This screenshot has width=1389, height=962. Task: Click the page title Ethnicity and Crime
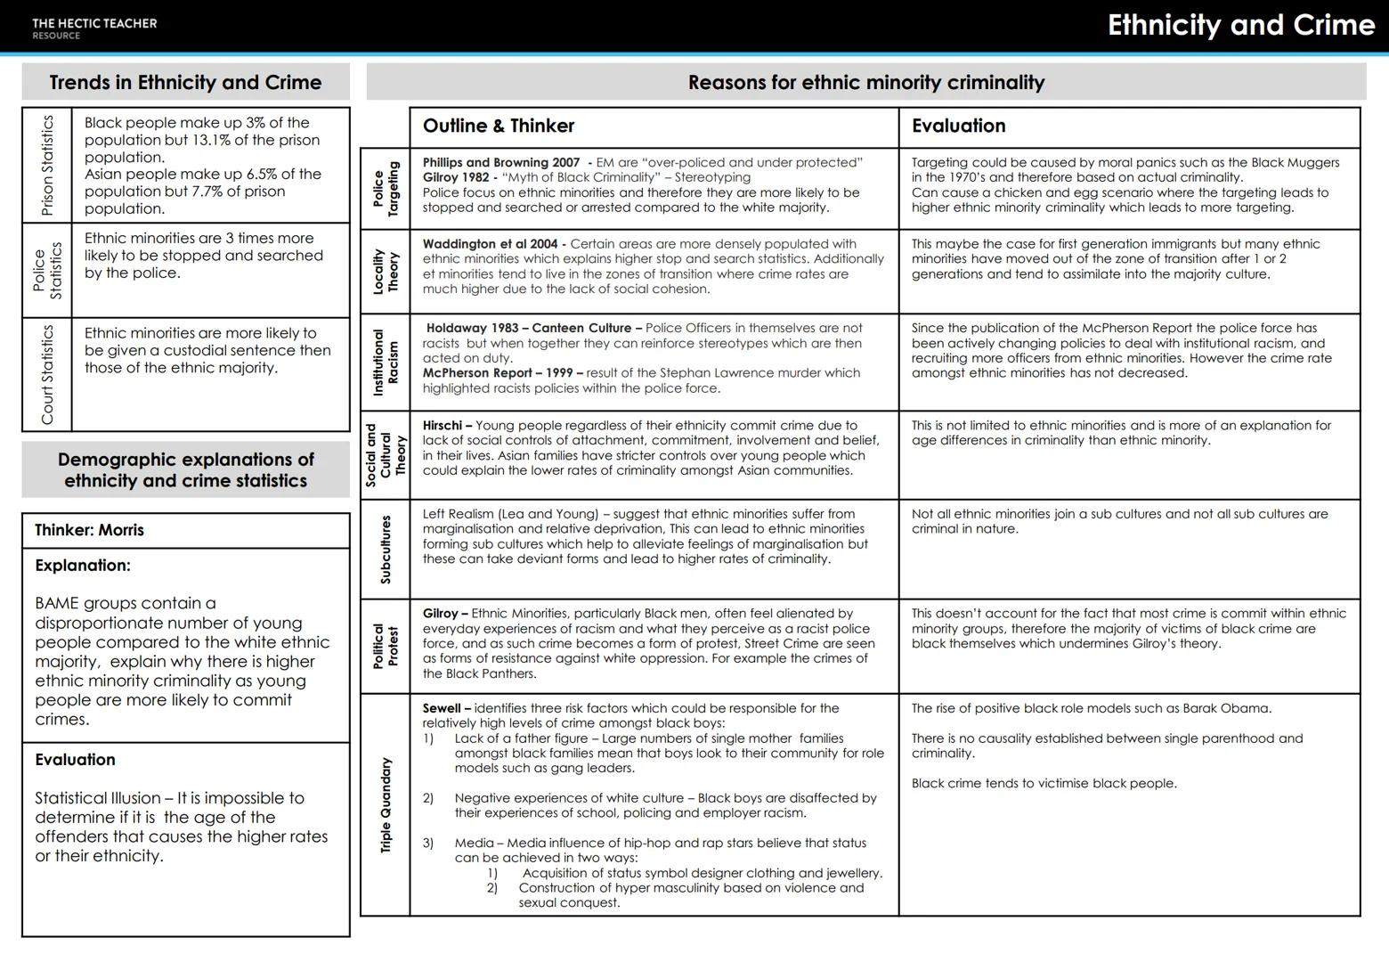[x=1240, y=25]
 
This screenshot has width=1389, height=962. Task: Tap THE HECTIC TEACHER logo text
[x=94, y=24]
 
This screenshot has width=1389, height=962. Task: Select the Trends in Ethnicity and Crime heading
[x=185, y=83]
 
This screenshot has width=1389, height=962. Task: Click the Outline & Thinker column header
[x=499, y=126]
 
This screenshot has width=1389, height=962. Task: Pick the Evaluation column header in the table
[x=958, y=126]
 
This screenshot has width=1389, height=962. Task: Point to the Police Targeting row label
[x=386, y=189]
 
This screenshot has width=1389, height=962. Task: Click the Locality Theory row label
[x=386, y=272]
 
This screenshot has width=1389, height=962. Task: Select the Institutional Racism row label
[x=386, y=363]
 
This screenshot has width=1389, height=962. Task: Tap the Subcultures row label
[x=386, y=550]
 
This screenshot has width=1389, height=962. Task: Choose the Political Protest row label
[x=386, y=647]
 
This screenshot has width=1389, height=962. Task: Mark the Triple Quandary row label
[x=386, y=805]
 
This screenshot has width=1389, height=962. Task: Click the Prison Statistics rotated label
[x=47, y=165]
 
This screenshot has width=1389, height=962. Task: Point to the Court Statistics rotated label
[x=47, y=374]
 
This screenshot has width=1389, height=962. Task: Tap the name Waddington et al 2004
[x=490, y=244]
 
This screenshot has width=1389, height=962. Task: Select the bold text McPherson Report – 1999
[x=502, y=373]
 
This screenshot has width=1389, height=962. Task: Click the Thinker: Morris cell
[x=89, y=530]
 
